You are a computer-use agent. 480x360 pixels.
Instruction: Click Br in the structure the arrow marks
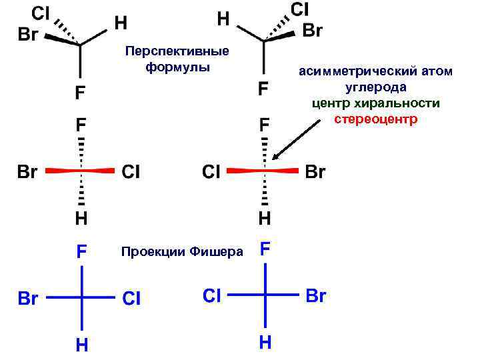pos(315,172)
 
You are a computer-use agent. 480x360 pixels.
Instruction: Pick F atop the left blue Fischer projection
pos(81,252)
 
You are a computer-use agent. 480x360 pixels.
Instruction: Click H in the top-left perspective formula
pos(121,23)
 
